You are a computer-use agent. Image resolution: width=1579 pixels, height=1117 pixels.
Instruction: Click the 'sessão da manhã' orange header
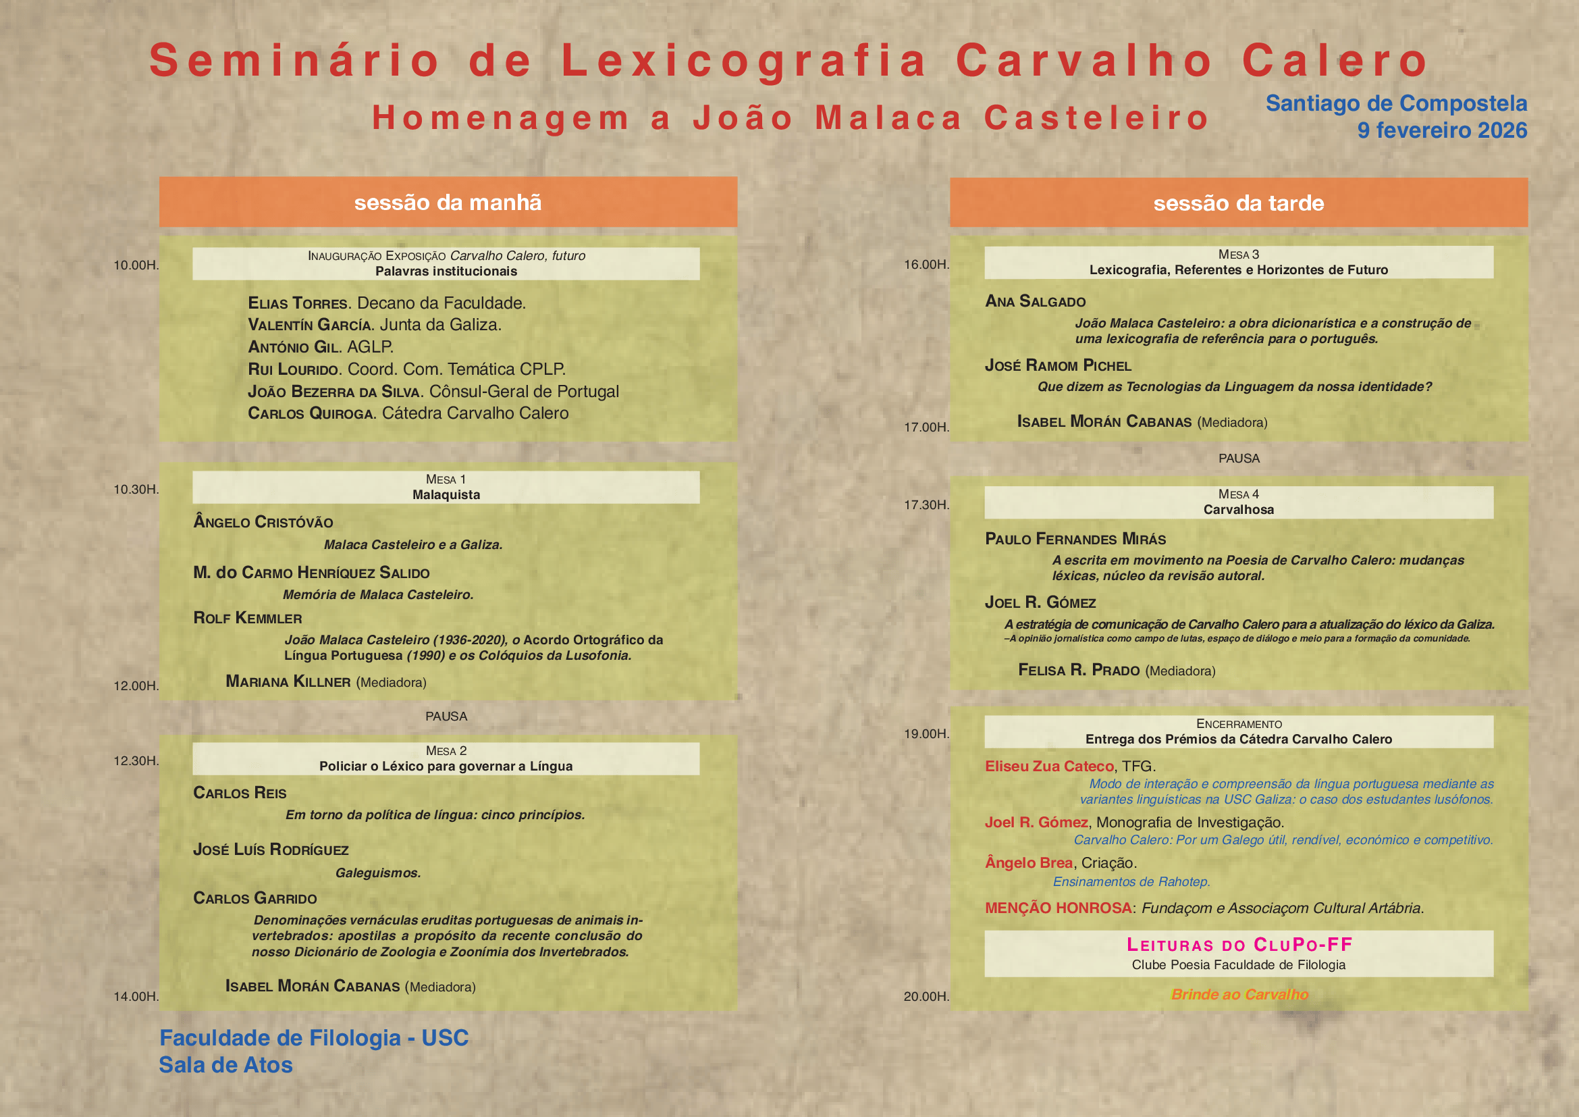click(x=448, y=202)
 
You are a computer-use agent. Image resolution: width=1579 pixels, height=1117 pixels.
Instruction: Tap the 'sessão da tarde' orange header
click(x=1238, y=203)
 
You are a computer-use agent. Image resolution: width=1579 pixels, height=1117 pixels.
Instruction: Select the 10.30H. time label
click(x=136, y=489)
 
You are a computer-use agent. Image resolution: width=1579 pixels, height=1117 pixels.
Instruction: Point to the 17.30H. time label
click(x=926, y=505)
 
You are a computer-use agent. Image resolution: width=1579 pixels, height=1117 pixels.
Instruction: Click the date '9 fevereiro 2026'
click(x=1441, y=130)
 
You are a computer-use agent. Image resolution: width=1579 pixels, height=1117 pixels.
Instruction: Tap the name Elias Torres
click(x=298, y=303)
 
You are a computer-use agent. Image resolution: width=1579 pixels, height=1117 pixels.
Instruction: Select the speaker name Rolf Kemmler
click(x=248, y=618)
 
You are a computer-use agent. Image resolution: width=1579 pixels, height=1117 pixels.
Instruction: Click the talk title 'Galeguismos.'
click(x=377, y=873)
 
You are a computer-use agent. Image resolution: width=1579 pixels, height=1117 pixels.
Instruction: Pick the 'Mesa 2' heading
click(x=446, y=750)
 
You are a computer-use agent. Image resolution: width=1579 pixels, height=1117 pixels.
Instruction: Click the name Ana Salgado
click(x=1035, y=301)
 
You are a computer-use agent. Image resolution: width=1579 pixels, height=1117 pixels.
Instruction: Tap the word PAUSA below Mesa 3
click(x=1239, y=458)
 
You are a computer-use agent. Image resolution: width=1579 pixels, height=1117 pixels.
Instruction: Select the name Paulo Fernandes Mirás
click(x=1075, y=538)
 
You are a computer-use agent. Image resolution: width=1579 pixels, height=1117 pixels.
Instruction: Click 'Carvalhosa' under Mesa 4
click(x=1238, y=510)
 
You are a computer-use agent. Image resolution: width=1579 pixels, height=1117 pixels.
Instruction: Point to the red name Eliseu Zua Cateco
click(x=1049, y=767)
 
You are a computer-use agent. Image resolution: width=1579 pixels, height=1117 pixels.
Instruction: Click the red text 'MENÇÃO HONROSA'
click(x=1058, y=908)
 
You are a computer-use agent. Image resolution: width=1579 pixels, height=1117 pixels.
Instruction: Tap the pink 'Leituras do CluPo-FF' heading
click(x=1239, y=944)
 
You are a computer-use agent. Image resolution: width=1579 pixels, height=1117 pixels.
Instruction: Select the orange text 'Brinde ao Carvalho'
click(x=1239, y=995)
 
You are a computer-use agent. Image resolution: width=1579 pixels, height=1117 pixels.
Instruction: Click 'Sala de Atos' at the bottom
click(x=225, y=1065)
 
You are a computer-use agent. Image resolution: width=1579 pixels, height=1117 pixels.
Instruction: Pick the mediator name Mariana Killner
click(x=288, y=681)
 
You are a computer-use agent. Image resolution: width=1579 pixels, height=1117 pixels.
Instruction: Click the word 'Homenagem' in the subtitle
click(x=501, y=118)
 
